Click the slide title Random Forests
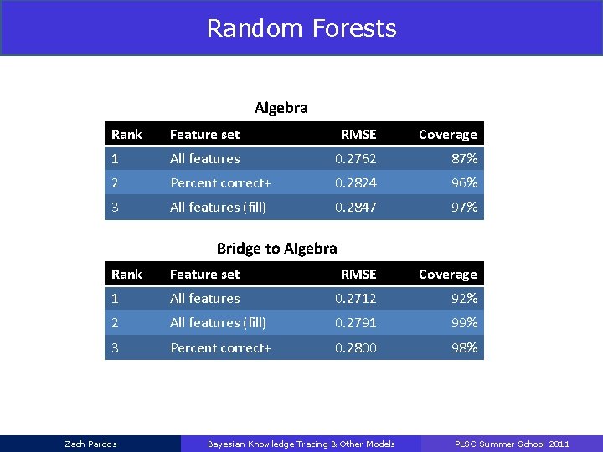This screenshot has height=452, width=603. (301, 28)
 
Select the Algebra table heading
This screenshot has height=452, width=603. (281, 108)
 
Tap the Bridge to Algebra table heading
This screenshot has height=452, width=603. (276, 248)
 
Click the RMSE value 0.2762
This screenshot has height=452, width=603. (356, 158)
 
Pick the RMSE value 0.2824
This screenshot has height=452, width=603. (356, 182)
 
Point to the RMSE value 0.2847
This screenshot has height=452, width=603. (356, 207)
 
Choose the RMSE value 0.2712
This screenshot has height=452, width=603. (356, 298)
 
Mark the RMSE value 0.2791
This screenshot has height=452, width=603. (356, 322)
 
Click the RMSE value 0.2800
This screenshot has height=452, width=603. (356, 347)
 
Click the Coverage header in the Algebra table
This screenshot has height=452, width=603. (447, 135)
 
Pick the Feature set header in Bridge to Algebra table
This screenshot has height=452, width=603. (204, 275)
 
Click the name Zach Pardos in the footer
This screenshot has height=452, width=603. (90, 444)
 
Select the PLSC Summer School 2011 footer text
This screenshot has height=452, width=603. (512, 444)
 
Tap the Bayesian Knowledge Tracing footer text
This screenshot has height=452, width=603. (301, 444)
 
